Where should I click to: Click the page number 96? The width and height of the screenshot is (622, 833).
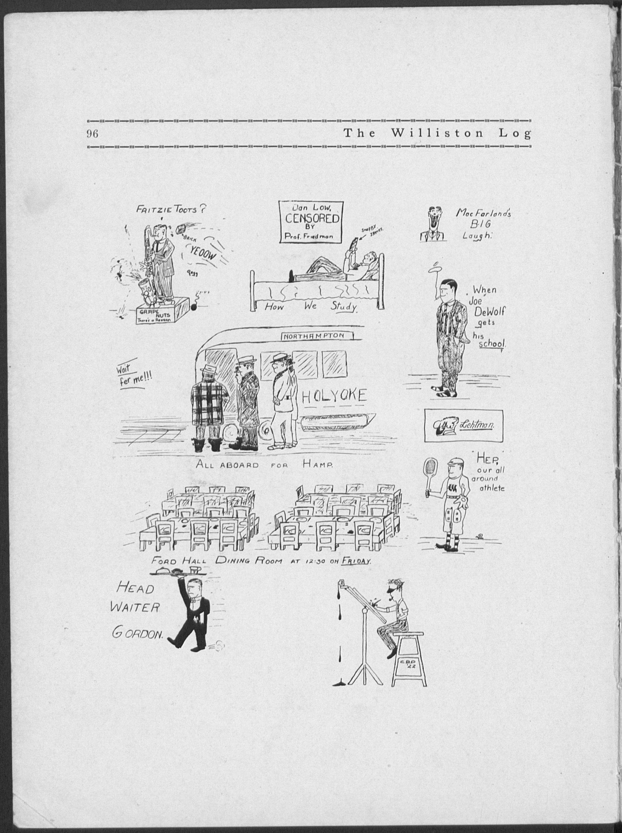point(93,134)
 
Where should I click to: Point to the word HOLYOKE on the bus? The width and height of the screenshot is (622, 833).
point(334,396)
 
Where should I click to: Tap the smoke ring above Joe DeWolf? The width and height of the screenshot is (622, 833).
point(437,268)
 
